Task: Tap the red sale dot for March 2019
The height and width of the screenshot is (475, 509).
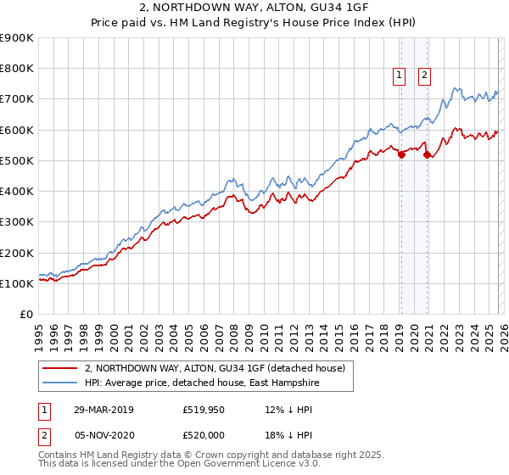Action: pyautogui.click(x=401, y=154)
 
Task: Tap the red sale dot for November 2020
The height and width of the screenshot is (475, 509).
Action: pyautogui.click(x=426, y=154)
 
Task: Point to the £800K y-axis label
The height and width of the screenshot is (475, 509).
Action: pyautogui.click(x=17, y=69)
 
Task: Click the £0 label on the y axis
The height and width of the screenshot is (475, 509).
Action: pyautogui.click(x=25, y=315)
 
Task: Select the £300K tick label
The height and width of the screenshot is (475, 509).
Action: pyautogui.click(x=17, y=222)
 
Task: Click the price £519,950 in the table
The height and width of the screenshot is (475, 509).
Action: pyautogui.click(x=204, y=411)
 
